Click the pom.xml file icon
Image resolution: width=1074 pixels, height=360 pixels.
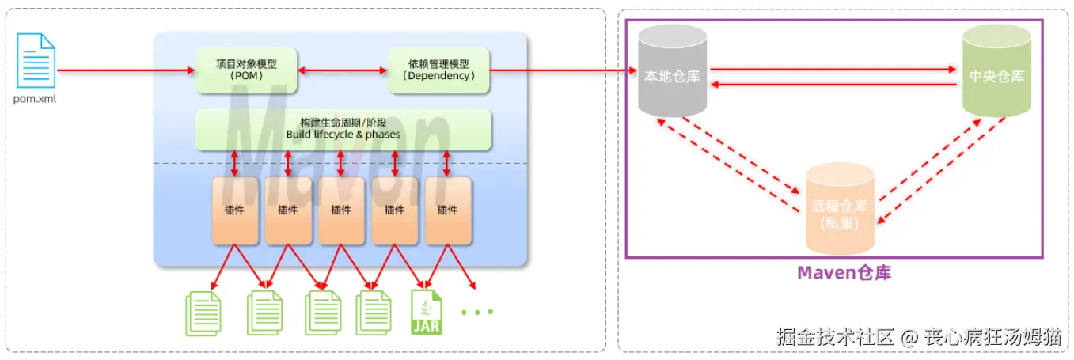click(36, 61)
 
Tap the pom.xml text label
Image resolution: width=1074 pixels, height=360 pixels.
click(36, 100)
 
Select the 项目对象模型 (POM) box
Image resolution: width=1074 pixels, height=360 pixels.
click(246, 70)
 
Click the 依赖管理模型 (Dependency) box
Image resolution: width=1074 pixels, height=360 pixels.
click(438, 70)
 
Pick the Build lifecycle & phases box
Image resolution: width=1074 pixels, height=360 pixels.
click(343, 129)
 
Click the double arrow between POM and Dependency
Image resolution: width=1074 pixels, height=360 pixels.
click(342, 71)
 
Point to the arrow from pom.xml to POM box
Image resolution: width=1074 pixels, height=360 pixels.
click(127, 71)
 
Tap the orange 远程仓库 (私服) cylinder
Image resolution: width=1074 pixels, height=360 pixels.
click(840, 207)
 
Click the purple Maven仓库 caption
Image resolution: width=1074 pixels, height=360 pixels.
click(844, 273)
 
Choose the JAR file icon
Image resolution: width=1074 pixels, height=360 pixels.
click(427, 312)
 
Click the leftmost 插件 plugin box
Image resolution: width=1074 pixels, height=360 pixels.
click(235, 210)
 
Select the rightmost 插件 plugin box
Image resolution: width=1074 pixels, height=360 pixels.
click(448, 210)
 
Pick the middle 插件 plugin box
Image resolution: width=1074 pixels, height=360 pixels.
click(341, 210)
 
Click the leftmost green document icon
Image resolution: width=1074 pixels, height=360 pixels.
click(203, 313)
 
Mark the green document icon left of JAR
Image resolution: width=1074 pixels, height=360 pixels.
click(374, 313)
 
